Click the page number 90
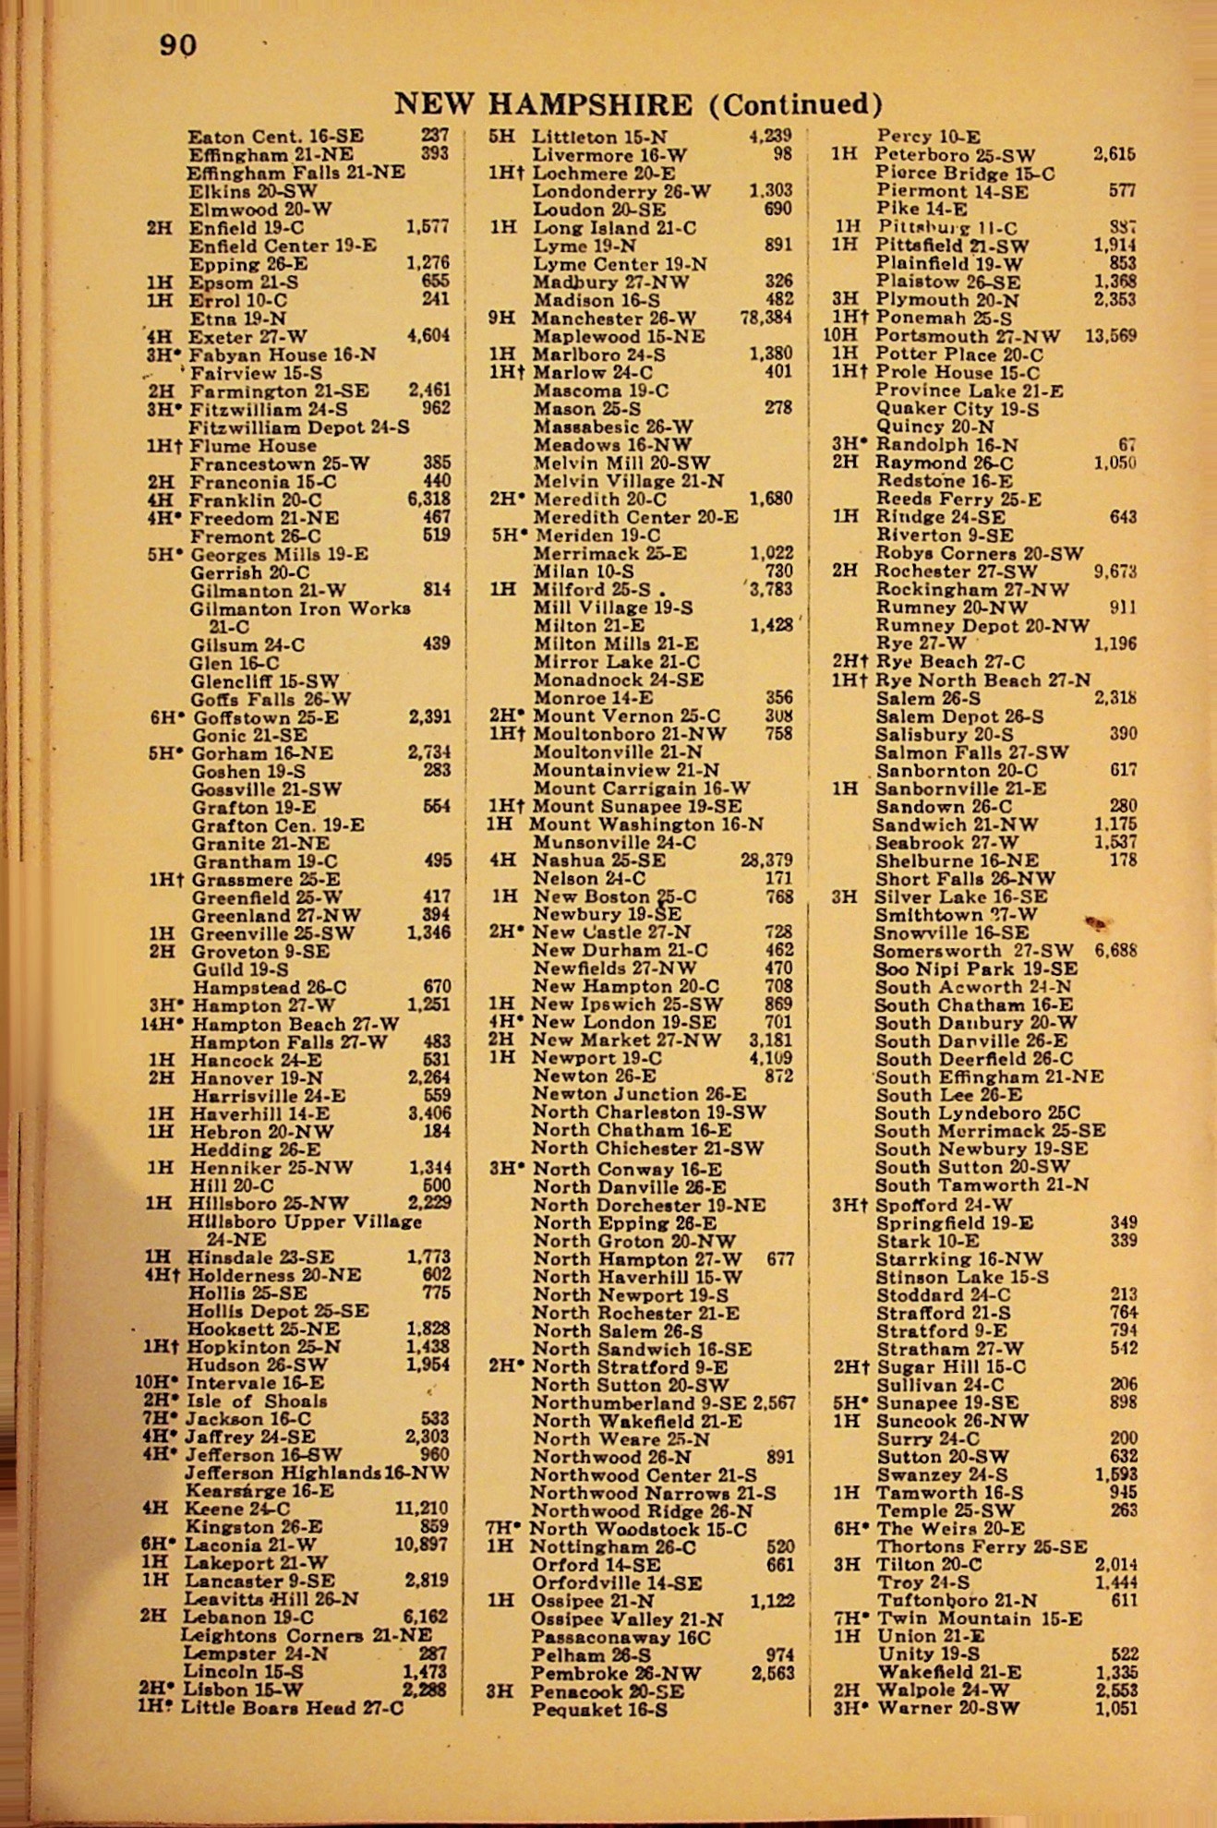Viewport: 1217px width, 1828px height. [x=177, y=45]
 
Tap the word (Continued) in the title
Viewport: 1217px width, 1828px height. [x=795, y=104]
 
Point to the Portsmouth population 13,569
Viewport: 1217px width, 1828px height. [x=1110, y=336]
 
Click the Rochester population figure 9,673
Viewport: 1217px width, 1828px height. [x=1115, y=571]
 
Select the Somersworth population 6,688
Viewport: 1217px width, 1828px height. [x=1115, y=950]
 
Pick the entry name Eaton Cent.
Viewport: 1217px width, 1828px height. [x=245, y=137]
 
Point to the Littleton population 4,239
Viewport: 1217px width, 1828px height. [x=769, y=137]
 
